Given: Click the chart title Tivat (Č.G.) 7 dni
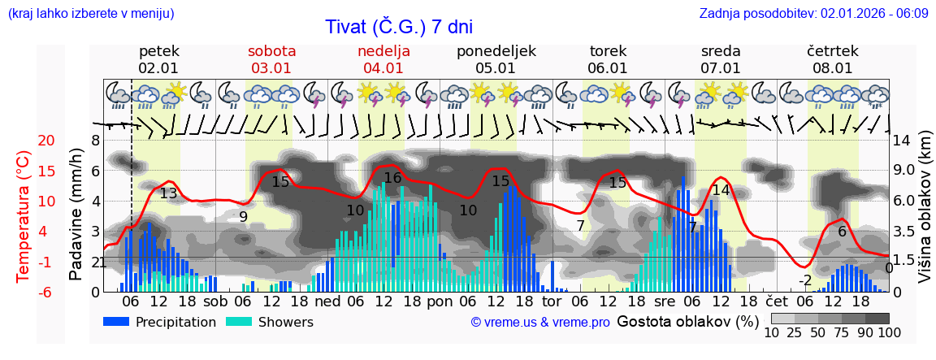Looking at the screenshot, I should pyautogui.click(x=398, y=27).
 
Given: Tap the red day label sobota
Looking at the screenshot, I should pyautogui.click(x=271, y=51).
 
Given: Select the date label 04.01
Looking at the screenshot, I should pyautogui.click(x=383, y=68).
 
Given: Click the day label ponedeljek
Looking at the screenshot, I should pyautogui.click(x=496, y=51).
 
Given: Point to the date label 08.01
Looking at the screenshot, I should pyautogui.click(x=832, y=68).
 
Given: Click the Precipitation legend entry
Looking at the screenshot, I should pyautogui.click(x=160, y=322).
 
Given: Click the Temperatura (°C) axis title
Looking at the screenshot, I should pyautogui.click(x=23, y=215).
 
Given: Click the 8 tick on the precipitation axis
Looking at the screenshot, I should pyautogui.click(x=95, y=141).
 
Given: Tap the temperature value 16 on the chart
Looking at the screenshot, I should pyautogui.click(x=392, y=178).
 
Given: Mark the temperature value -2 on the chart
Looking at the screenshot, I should pyautogui.click(x=805, y=280).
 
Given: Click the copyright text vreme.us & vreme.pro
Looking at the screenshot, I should pyautogui.click(x=540, y=322).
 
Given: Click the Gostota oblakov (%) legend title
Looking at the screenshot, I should pyautogui.click(x=686, y=320).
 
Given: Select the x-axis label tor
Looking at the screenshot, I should pyautogui.click(x=552, y=301).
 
